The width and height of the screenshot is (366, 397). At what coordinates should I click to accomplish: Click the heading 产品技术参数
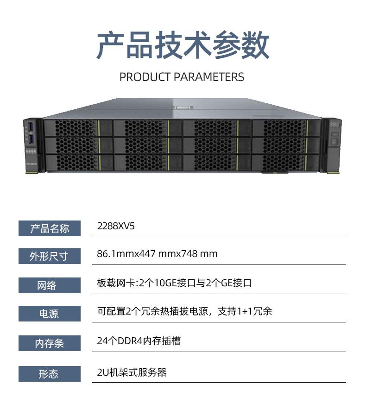coord(183,45)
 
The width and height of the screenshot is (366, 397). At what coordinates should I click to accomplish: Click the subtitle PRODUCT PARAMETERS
coord(182,77)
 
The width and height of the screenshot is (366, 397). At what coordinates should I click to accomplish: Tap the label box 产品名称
coord(50,228)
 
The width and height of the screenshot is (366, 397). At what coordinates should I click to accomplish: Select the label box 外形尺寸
coord(50,256)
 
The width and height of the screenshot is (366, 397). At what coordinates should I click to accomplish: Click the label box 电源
coord(50,314)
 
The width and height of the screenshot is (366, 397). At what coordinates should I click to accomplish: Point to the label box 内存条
coord(50,344)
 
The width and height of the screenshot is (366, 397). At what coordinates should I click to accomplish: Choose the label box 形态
coord(50,374)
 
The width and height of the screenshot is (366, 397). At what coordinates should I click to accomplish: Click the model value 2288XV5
coord(116,227)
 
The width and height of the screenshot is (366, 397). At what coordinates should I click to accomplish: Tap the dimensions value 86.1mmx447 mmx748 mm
coord(157,254)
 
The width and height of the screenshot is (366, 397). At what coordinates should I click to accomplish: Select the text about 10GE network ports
coord(174,283)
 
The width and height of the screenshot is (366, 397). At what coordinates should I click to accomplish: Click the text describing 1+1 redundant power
coord(184,311)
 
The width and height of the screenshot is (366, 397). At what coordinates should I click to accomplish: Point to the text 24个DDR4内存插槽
coord(139,341)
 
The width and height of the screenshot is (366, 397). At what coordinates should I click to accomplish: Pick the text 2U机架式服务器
coord(132,372)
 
